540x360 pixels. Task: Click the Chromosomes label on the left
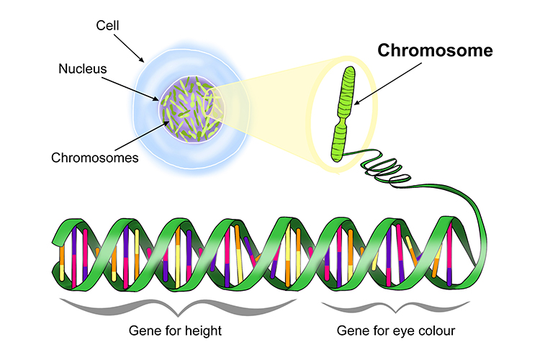pyautogui.click(x=94, y=157)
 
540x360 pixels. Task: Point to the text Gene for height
pyautogui.click(x=175, y=331)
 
